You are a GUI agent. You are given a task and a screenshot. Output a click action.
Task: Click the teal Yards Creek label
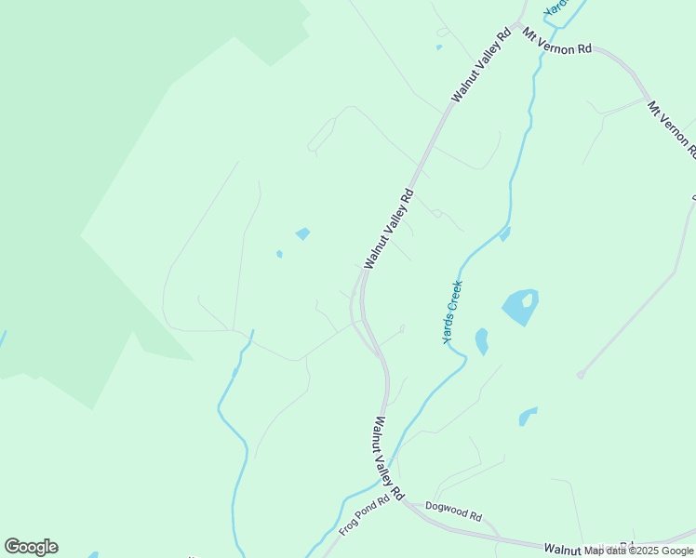click(x=452, y=312)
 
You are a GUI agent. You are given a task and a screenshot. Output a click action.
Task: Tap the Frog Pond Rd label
click(x=362, y=514)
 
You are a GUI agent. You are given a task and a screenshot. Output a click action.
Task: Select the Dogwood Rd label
click(x=453, y=511)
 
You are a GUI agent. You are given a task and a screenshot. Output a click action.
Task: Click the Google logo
click(x=31, y=547)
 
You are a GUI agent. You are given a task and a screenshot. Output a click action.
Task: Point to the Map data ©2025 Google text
click(x=638, y=551)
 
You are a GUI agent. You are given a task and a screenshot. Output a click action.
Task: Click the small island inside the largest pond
click(x=528, y=300)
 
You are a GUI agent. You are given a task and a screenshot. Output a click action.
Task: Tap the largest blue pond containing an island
click(x=516, y=311)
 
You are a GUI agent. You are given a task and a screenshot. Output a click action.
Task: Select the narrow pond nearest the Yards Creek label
click(x=481, y=341)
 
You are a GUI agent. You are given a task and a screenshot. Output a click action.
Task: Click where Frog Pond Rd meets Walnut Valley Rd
click(x=401, y=500)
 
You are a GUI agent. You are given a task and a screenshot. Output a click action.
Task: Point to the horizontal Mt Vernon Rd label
click(x=557, y=42)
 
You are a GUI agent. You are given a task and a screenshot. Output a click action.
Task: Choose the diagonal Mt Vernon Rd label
click(x=672, y=129)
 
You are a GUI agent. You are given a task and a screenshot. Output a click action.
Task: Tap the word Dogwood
click(x=446, y=509)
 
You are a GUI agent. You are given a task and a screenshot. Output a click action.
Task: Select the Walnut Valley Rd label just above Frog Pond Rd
click(x=386, y=454)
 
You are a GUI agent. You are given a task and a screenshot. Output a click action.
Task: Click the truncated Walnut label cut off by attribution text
click(x=564, y=550)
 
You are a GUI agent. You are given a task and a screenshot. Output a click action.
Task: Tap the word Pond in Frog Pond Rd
click(x=364, y=512)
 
